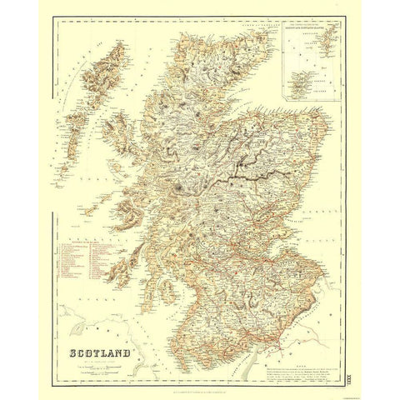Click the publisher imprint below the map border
pyautogui.click(x=200, y=368)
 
